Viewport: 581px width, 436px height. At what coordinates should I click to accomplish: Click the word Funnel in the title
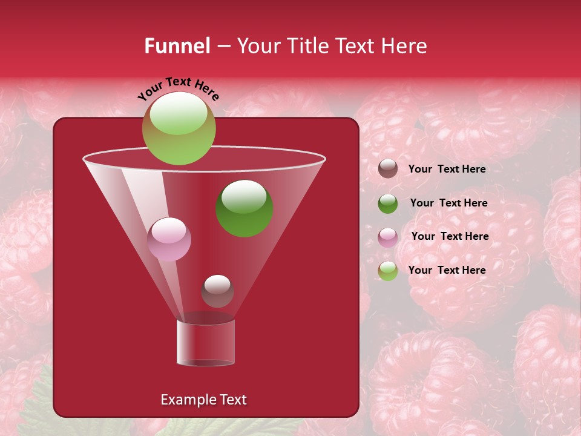click(177, 46)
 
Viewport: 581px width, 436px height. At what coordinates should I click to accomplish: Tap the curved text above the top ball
click(178, 88)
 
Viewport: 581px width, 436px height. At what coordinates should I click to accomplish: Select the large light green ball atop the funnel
click(179, 128)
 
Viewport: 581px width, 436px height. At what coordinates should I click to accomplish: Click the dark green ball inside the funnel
click(244, 209)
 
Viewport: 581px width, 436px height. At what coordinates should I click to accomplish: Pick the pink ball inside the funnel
click(169, 239)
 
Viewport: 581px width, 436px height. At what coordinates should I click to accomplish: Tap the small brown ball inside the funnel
click(217, 291)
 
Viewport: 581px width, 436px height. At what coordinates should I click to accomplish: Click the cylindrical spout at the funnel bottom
click(206, 343)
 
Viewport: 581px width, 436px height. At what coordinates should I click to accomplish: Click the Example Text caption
click(203, 400)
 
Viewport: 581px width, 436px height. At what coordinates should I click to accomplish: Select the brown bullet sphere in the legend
click(388, 168)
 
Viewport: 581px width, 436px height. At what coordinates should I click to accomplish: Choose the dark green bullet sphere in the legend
click(388, 203)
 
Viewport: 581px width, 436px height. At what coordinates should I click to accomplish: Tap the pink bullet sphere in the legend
click(388, 237)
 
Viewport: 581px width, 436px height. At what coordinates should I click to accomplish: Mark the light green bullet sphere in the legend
click(388, 270)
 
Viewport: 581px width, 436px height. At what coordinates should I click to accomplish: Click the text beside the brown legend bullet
click(447, 169)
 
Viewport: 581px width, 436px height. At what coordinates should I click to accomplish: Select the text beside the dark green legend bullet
click(448, 203)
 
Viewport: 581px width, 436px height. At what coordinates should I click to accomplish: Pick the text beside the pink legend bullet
click(450, 236)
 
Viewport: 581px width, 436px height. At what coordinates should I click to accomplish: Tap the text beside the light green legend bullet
click(447, 270)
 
